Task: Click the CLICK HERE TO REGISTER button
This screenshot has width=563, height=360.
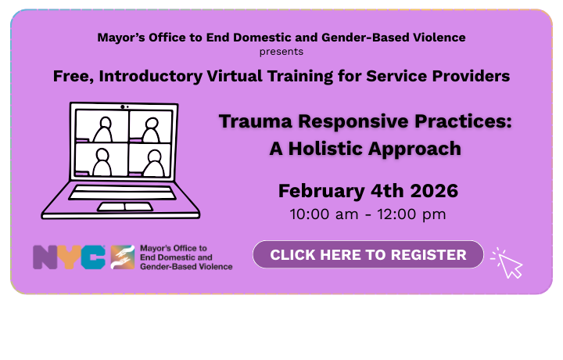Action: pos(368,255)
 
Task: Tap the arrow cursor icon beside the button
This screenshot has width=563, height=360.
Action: pos(507,265)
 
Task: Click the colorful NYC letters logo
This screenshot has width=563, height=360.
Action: pos(69,257)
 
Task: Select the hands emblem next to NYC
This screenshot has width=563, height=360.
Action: pos(122,257)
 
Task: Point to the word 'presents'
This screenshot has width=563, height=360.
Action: pos(281,52)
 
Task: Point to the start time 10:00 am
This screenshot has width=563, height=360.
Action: pos(323,214)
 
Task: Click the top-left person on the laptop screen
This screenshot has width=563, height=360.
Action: pos(102,125)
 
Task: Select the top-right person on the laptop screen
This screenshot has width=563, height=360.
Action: pos(150,125)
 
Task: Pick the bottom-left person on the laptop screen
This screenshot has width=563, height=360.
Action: pos(102,161)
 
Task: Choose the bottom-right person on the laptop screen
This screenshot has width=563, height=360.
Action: pos(150,161)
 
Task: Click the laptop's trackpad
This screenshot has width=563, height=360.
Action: pos(124,207)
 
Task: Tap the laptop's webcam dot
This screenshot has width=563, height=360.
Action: pos(123,106)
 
